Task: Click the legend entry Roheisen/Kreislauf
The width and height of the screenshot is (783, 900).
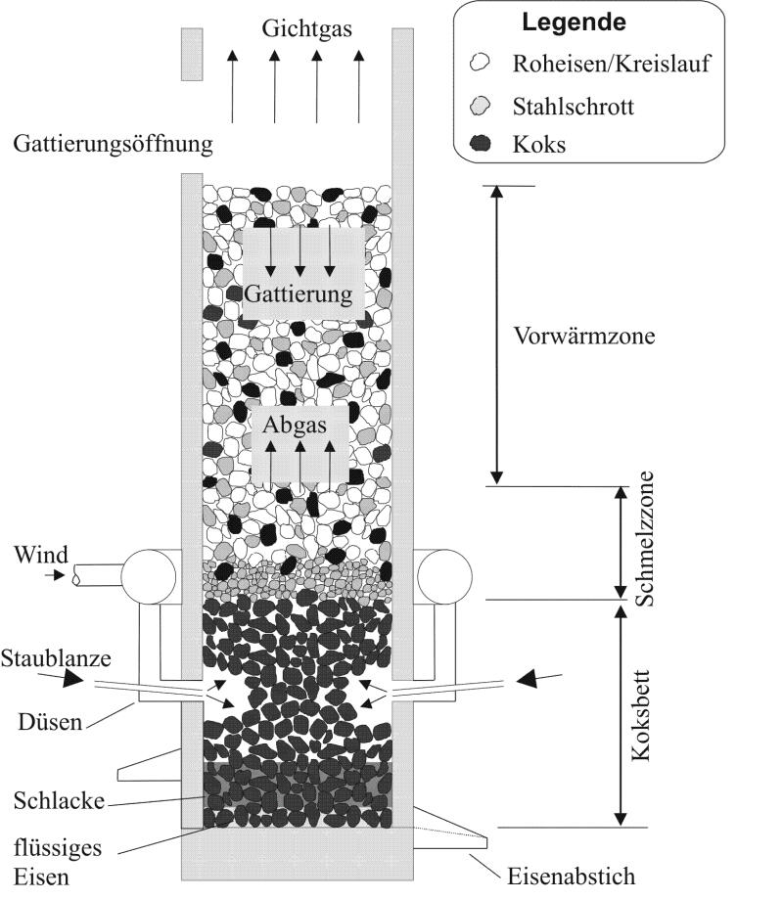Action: click(x=612, y=66)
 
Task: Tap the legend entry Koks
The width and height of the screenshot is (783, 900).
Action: click(x=539, y=145)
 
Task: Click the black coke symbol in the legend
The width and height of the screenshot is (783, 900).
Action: click(x=481, y=145)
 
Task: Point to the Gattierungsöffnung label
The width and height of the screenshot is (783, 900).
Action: click(x=114, y=145)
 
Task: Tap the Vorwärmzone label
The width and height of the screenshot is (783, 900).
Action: click(x=583, y=335)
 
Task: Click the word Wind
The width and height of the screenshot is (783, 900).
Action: click(x=41, y=556)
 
